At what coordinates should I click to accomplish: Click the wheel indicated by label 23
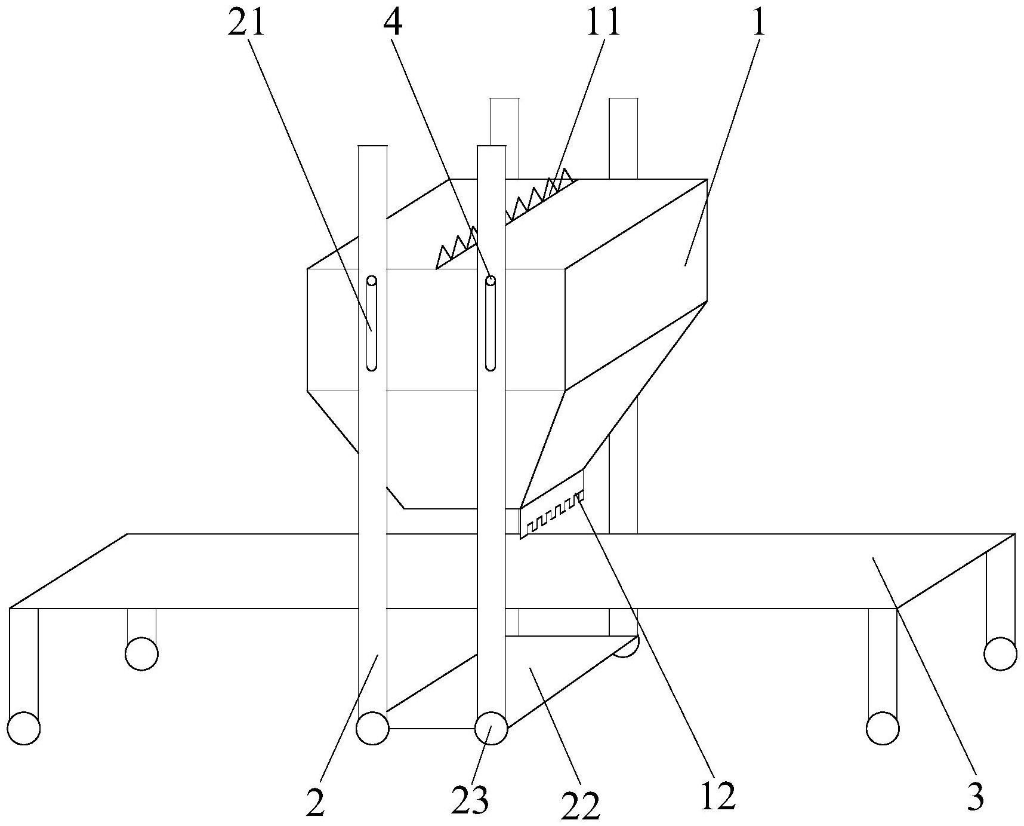point(491,728)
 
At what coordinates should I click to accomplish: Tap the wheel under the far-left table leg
point(24,728)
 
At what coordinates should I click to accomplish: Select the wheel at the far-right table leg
point(1000,653)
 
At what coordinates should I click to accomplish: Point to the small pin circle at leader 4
point(491,280)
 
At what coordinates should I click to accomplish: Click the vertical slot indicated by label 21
point(371,326)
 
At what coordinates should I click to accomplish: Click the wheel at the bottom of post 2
point(372,728)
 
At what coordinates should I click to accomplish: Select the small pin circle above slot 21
point(371,280)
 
